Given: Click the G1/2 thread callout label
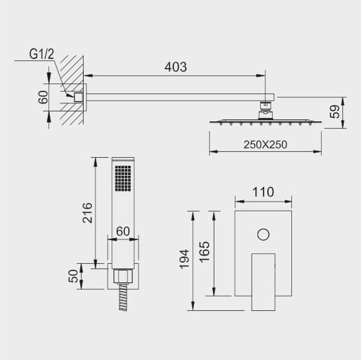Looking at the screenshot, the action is coord(41,54).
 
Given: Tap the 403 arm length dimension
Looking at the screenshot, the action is coord(176,67).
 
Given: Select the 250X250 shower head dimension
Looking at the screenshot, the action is coord(265,145).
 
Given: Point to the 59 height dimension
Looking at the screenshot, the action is coord(334,112).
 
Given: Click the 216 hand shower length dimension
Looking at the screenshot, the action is coord(87,213).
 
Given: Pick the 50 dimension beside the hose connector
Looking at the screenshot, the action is coord(73,276).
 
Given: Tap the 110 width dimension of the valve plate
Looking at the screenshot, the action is coord(263,192).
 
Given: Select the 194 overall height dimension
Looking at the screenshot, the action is coord(184,259).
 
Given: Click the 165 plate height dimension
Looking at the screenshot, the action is coord(204,252).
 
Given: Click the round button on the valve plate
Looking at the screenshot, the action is coord(263,235).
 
